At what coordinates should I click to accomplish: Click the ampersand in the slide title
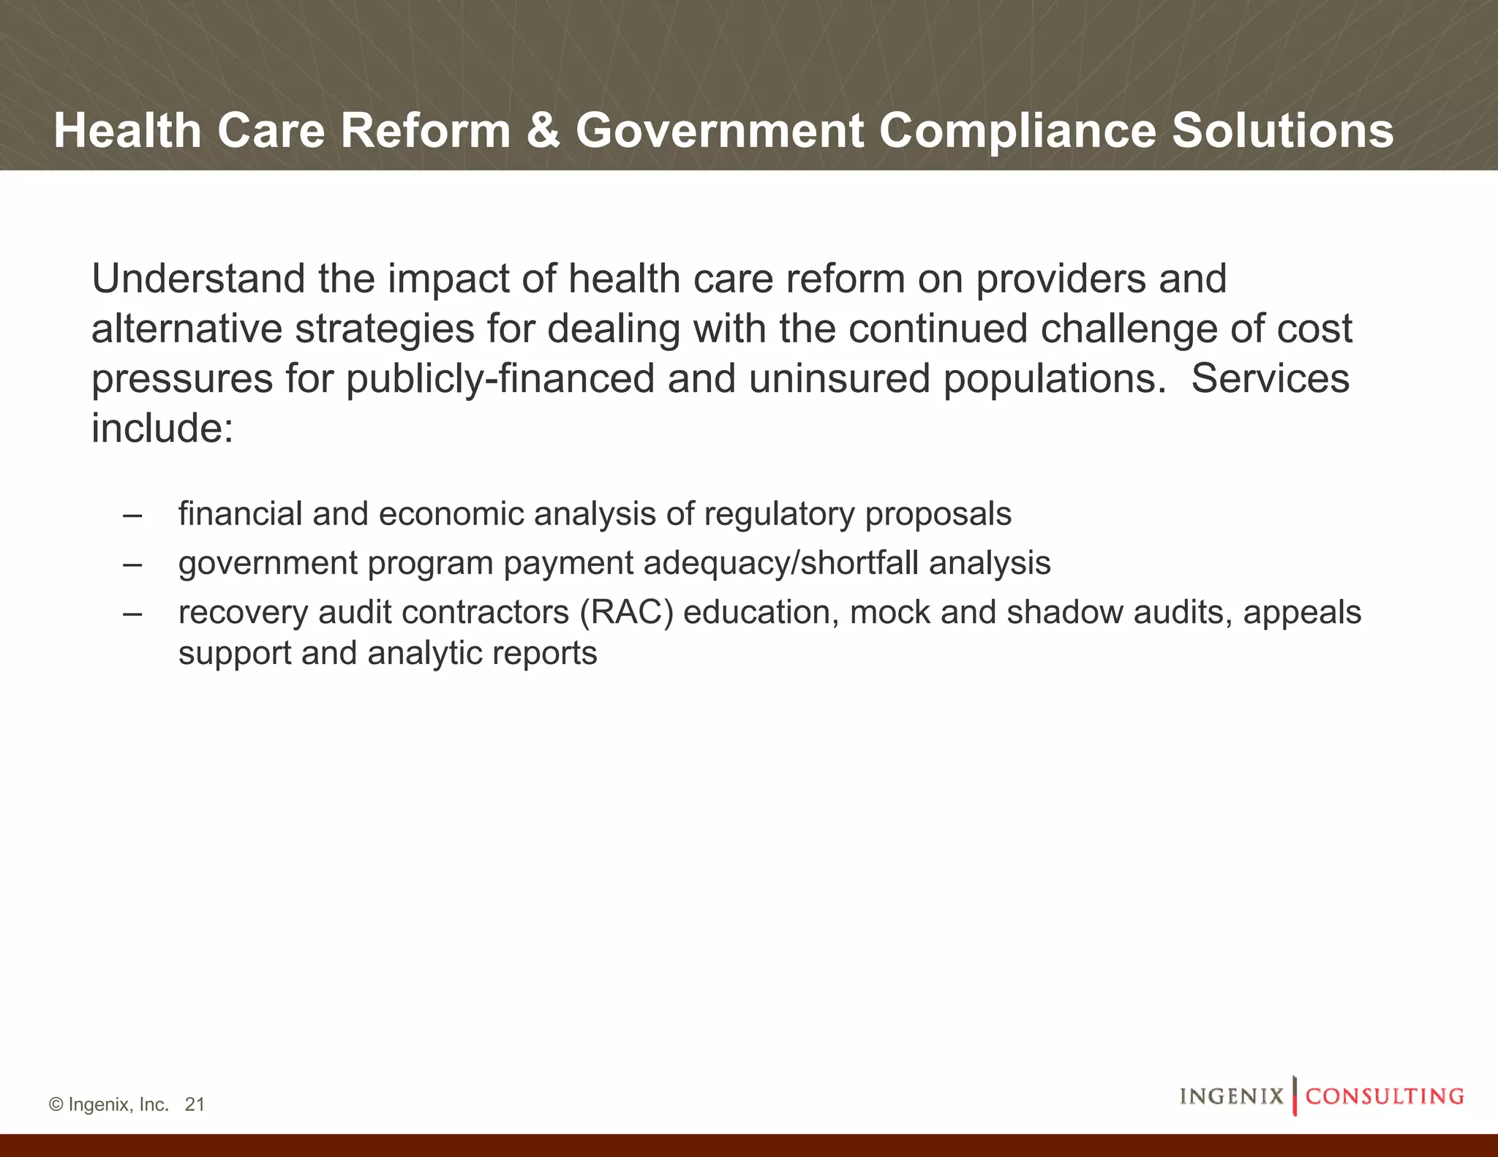pos(543,131)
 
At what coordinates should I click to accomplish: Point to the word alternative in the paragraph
pos(187,328)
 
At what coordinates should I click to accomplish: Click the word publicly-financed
pos(500,379)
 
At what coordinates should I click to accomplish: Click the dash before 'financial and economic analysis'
pos(132,514)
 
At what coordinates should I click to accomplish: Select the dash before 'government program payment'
pos(132,563)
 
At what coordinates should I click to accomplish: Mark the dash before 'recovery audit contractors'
pos(132,612)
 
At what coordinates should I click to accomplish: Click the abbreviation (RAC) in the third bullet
pos(626,612)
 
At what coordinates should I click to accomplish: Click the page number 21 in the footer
pos(195,1104)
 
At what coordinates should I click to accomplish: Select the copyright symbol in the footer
pos(56,1104)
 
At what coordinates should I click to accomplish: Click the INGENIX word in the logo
pos(1232,1096)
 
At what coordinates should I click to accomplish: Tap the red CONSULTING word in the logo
pos(1385,1096)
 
